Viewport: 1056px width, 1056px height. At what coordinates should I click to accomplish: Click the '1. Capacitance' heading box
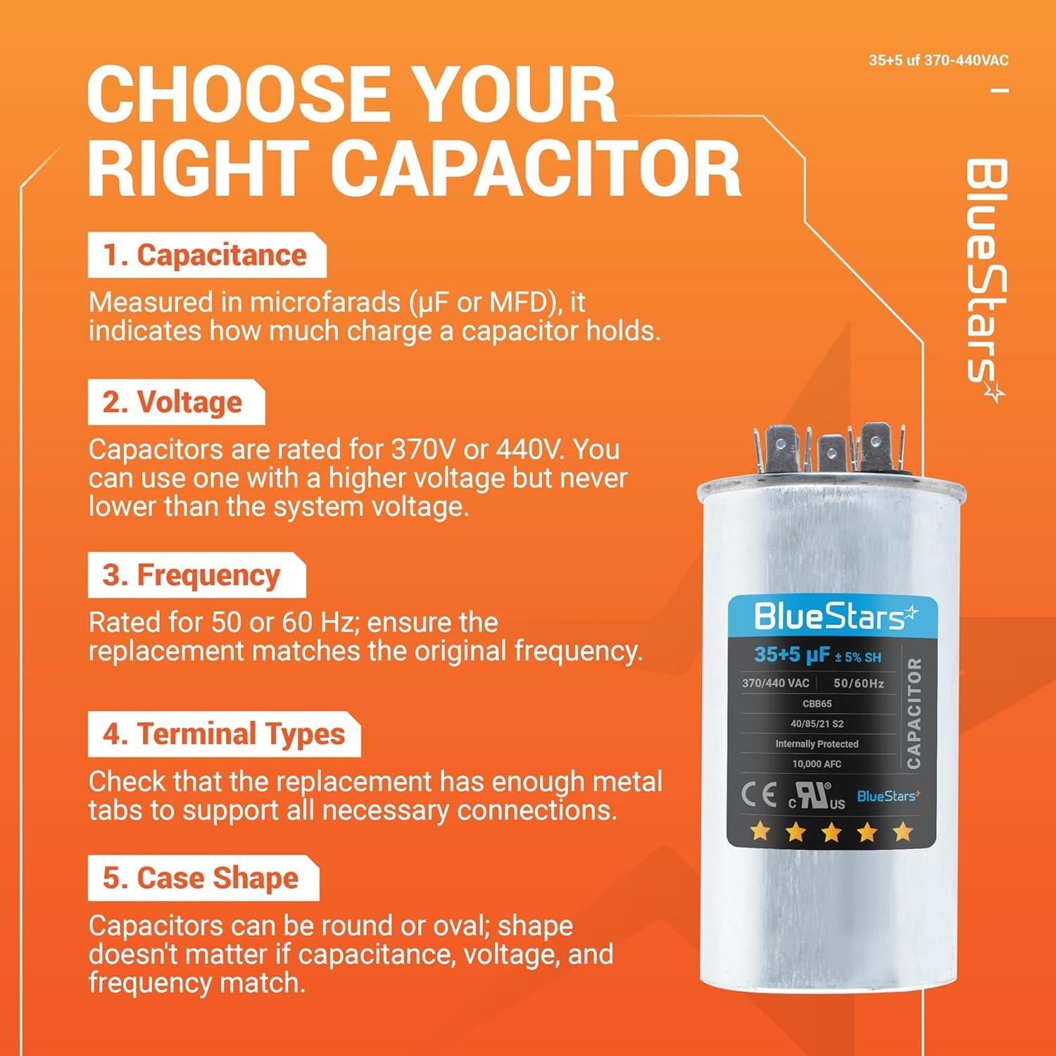(206, 256)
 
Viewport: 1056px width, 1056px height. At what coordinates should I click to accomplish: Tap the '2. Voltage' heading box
(175, 403)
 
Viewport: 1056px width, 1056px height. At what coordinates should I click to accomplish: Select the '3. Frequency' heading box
(196, 575)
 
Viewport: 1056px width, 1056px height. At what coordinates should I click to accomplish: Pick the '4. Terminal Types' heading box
(223, 734)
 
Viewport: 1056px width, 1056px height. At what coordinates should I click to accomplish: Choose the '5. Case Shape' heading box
(202, 879)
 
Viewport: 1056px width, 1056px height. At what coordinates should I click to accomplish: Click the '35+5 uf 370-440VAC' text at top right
(938, 61)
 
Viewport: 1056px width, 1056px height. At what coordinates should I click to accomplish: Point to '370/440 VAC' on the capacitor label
(775, 683)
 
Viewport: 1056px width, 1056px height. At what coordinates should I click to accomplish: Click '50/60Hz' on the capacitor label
(858, 683)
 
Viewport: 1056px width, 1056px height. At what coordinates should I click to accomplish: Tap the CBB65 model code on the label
(817, 703)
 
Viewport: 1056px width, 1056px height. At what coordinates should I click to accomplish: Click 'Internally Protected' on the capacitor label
(817, 743)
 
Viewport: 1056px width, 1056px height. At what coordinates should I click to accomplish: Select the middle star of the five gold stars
(831, 833)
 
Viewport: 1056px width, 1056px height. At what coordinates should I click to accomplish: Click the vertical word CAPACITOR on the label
(914, 713)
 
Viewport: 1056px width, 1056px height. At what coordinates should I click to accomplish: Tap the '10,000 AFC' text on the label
(817, 764)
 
